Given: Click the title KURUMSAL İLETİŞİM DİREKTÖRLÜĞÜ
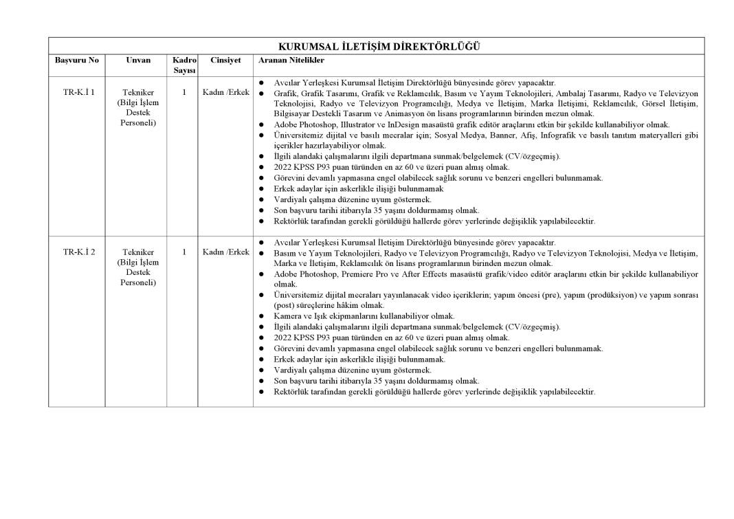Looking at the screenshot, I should pyautogui.click(x=379, y=47).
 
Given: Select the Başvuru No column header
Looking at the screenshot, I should pyautogui.click(x=76, y=60).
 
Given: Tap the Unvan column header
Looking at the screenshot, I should pyautogui.click(x=138, y=60).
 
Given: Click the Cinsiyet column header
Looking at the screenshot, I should pyautogui.click(x=225, y=60).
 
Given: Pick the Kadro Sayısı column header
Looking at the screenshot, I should pyautogui.click(x=184, y=65).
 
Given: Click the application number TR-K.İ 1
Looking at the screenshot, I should pyautogui.click(x=79, y=92).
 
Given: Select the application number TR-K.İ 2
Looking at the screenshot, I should pyautogui.click(x=79, y=252).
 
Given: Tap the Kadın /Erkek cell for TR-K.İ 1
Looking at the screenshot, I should pyautogui.click(x=225, y=92).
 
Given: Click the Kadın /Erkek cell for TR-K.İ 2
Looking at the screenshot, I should pyautogui.click(x=225, y=252).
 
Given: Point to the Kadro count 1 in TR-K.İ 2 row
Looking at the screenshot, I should pyautogui.click(x=184, y=252).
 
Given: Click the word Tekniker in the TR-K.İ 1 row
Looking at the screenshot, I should pyautogui.click(x=138, y=92).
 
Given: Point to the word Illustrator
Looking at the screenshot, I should pyautogui.click(x=350, y=124).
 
